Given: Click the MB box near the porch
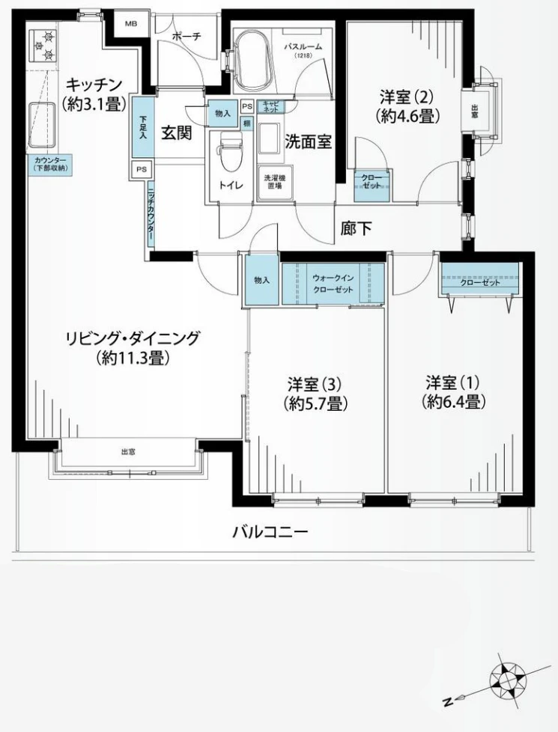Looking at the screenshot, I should pos(131,24).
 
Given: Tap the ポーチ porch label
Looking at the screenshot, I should pos(185,36).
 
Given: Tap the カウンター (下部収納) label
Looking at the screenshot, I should pos(49,165).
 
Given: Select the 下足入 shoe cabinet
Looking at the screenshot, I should pos(142,126).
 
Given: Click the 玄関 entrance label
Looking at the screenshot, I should pos(177,132).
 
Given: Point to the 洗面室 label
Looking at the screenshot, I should pos(308,141).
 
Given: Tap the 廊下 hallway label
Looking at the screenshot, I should pos(356,229).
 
